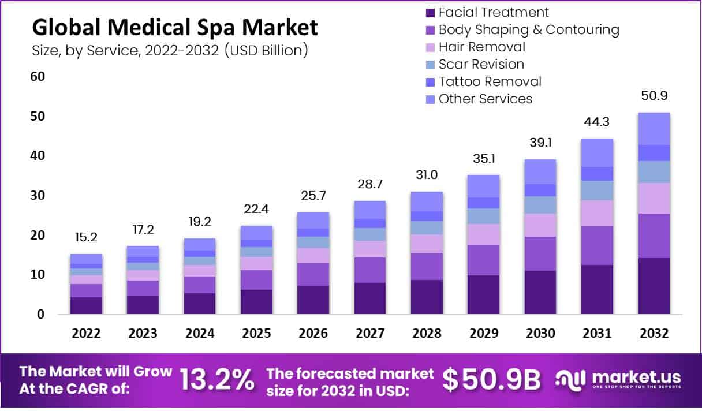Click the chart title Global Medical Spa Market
point(174,27)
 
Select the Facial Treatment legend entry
point(493,12)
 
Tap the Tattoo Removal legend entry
point(490,81)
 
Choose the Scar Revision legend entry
point(481,64)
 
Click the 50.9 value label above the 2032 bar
point(654,96)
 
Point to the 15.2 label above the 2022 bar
point(86,237)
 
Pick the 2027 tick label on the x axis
point(369,334)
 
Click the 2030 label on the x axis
point(540,334)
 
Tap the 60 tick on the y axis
point(38,77)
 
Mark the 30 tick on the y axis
point(38,196)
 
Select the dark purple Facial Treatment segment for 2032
point(654,286)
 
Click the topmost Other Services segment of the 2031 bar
point(597,152)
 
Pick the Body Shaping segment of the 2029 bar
point(483,260)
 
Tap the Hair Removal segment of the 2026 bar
point(313,255)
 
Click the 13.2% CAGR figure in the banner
point(217,380)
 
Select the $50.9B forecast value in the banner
point(492,380)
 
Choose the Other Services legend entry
point(485,99)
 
